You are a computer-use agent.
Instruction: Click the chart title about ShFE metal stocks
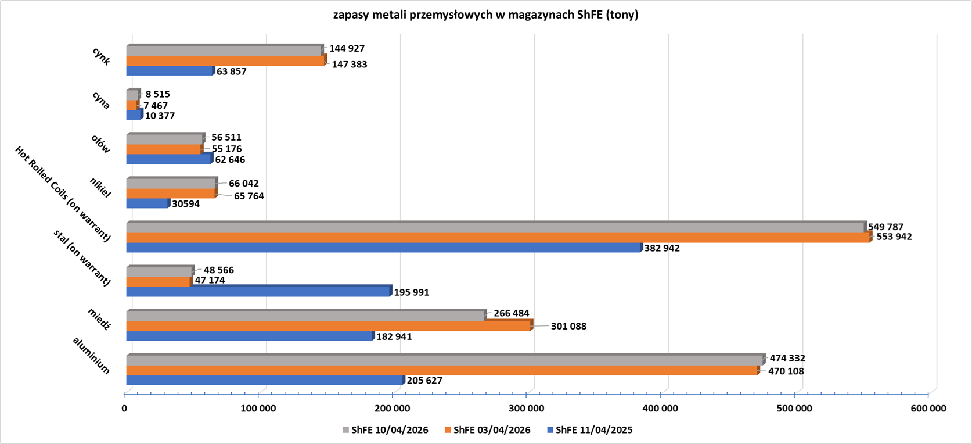coord(485,15)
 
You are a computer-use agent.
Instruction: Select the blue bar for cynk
coord(170,71)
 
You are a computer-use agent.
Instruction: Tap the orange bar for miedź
coord(328,326)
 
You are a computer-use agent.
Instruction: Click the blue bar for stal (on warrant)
coord(258,292)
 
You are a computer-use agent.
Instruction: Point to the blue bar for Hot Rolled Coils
coord(383,248)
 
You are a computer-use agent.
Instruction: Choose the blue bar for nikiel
coord(147,203)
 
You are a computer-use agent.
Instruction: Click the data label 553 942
coord(894,237)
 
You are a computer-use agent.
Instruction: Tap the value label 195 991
coord(412,292)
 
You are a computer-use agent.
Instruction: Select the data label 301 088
coord(568,327)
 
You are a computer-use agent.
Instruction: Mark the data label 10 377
coord(160,116)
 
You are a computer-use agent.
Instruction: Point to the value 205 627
coord(424,381)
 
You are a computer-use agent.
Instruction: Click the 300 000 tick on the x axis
coord(526,409)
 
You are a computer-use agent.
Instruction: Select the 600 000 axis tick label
coord(928,409)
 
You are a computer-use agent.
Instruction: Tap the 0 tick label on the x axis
coord(124,409)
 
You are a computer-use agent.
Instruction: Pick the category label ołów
coord(100,144)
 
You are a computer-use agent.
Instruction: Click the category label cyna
coord(101,100)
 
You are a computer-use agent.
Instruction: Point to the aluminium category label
coord(91,355)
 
